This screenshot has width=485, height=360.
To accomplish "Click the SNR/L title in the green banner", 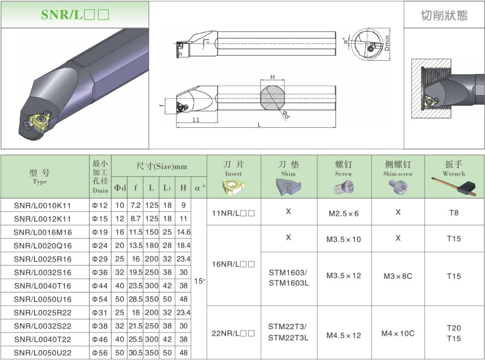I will coord(75,15).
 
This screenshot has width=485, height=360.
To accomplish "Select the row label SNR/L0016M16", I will coord(42,232).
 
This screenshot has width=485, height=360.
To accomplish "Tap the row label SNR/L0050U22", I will coord(42,352).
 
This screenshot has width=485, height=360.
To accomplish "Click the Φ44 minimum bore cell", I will coord(100,286).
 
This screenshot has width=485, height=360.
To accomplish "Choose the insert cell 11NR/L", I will coord(234,213).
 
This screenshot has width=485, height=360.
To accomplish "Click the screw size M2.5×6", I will coord(343,213).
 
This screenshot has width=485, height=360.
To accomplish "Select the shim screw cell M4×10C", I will coord(398,333).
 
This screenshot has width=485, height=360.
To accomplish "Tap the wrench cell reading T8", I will coord(454,213).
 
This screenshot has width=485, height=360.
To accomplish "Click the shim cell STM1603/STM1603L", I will coord(288,278).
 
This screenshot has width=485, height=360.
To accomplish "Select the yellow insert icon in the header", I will coord(234,188).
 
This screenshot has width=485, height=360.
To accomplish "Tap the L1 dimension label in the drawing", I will coord(196,120).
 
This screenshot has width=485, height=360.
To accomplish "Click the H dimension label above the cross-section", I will coord(272,77).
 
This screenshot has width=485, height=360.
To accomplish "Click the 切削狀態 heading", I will coord(444,15).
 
